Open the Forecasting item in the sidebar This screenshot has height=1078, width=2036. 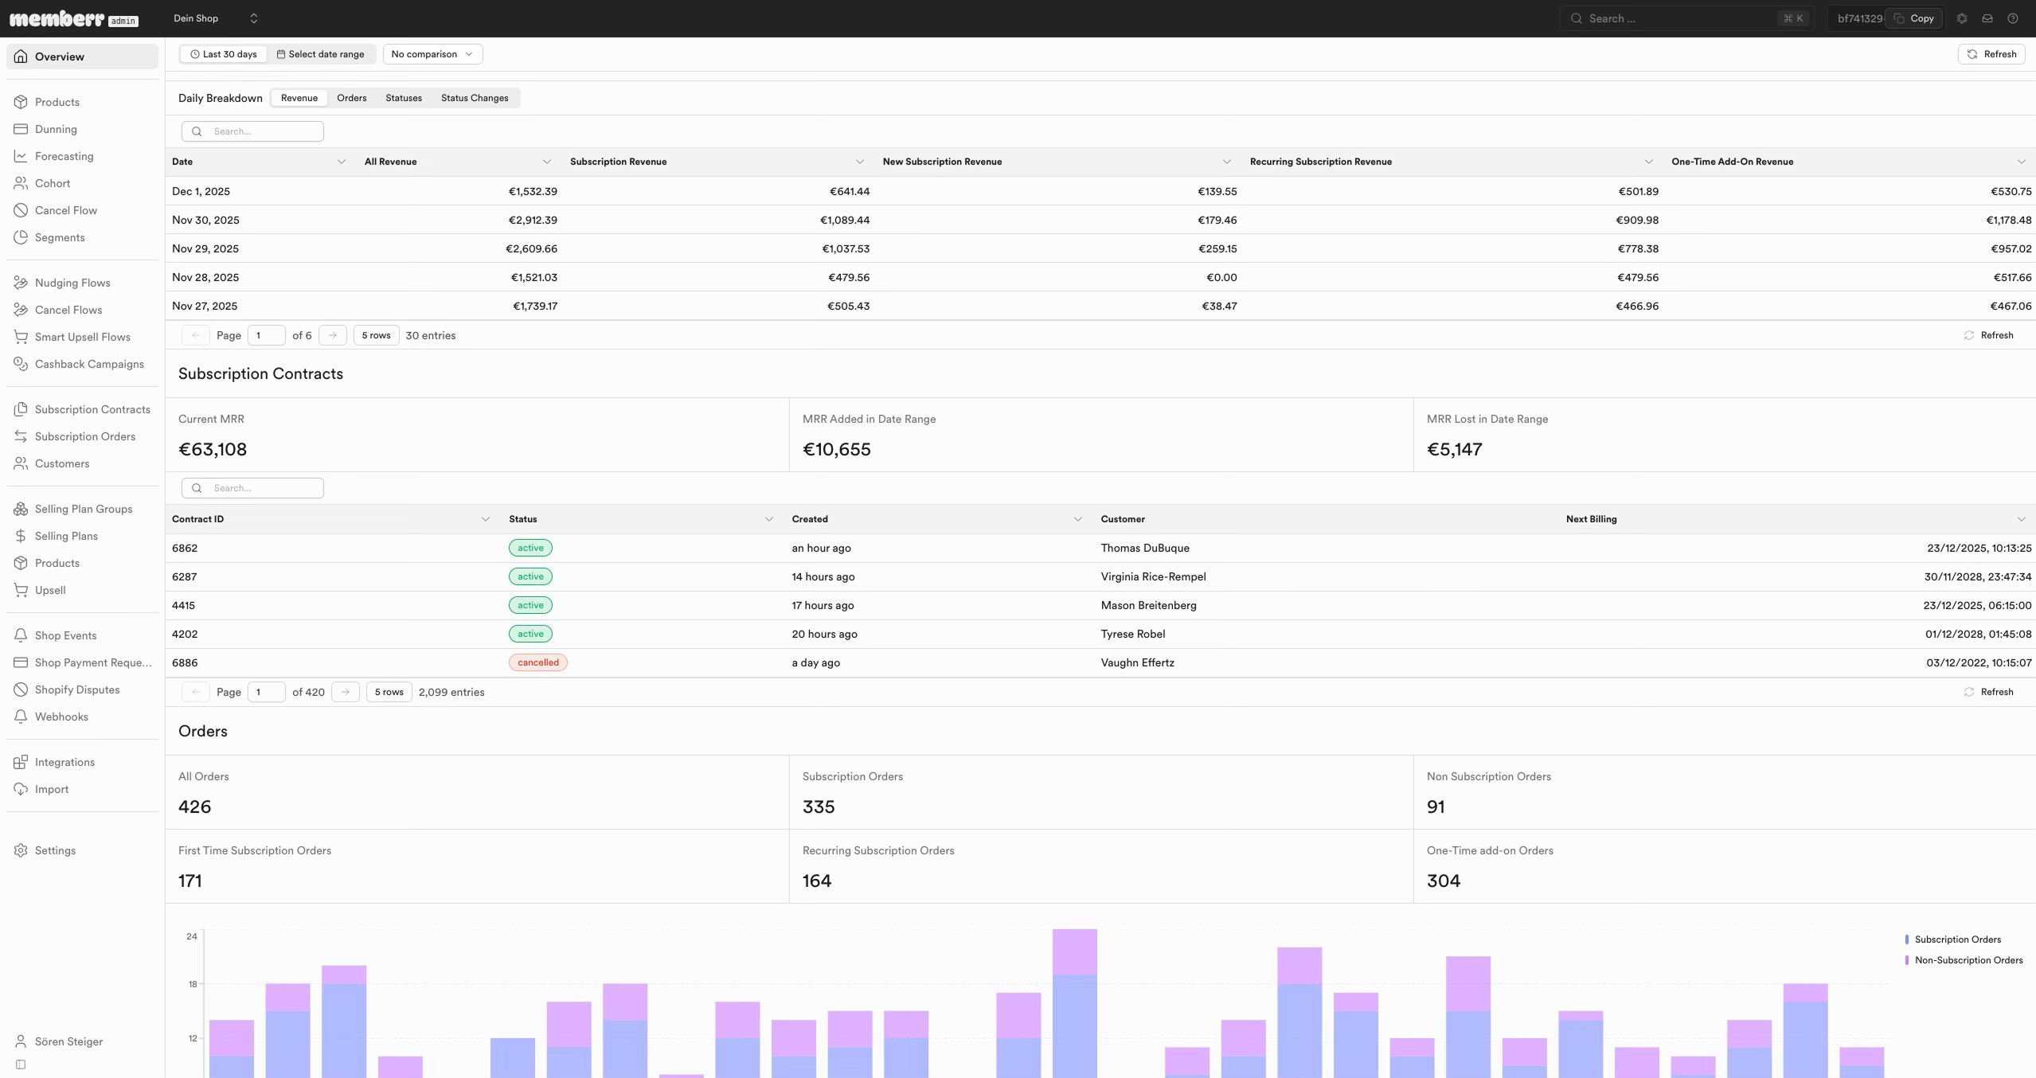(x=64, y=156)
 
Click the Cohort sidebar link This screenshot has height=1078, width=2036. (x=52, y=183)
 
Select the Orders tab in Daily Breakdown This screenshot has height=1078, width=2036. (x=351, y=98)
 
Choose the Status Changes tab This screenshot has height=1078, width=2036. (x=475, y=98)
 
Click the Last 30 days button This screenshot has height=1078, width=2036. (x=224, y=54)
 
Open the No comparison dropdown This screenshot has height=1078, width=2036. (x=432, y=54)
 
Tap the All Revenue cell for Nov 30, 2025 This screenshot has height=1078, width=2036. (x=533, y=220)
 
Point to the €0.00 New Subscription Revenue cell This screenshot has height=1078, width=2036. (x=1221, y=277)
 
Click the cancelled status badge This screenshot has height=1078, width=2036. (x=538, y=662)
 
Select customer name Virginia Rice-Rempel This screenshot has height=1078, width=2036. (x=1153, y=576)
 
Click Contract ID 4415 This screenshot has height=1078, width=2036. (x=183, y=605)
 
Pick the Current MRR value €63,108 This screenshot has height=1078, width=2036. (x=213, y=449)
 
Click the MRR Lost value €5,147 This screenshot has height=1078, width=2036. (x=1454, y=449)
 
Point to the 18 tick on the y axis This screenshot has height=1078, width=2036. (x=192, y=984)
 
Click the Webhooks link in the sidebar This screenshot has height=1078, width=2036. (x=61, y=717)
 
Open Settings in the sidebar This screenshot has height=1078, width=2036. (x=55, y=850)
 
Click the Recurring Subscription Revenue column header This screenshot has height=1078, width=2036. (x=1321, y=162)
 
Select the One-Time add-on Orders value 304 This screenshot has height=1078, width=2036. (x=1444, y=881)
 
